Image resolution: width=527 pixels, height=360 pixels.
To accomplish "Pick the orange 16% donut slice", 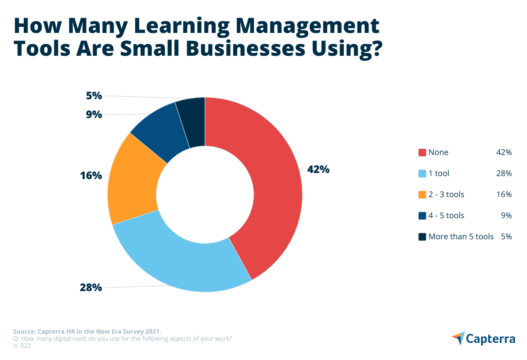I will pyautogui.click(x=132, y=180).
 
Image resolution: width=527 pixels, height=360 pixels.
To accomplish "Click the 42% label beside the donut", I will pyautogui.click(x=318, y=169).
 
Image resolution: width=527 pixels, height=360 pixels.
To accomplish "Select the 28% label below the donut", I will pyautogui.click(x=91, y=288).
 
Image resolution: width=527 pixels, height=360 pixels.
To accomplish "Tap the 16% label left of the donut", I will pyautogui.click(x=91, y=176).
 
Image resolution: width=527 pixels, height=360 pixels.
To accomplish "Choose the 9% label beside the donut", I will pyautogui.click(x=94, y=115).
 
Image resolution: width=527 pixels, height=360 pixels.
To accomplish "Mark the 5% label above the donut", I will pyautogui.click(x=94, y=95).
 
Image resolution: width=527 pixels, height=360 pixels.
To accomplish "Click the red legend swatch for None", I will pyautogui.click(x=422, y=152).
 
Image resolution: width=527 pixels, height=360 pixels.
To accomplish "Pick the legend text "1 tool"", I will pyautogui.click(x=439, y=173).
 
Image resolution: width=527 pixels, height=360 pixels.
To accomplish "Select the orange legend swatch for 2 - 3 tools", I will pyautogui.click(x=422, y=194).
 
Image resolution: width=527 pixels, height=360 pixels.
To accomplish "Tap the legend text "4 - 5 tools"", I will pyautogui.click(x=446, y=216).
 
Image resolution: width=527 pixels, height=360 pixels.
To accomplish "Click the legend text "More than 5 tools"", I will pyautogui.click(x=461, y=237).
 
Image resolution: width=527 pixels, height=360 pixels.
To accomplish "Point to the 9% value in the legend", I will pyautogui.click(x=506, y=216).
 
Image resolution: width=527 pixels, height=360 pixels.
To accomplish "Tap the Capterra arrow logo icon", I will pyautogui.click(x=458, y=338).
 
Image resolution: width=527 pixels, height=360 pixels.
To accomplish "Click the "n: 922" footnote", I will pyautogui.click(x=22, y=346).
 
